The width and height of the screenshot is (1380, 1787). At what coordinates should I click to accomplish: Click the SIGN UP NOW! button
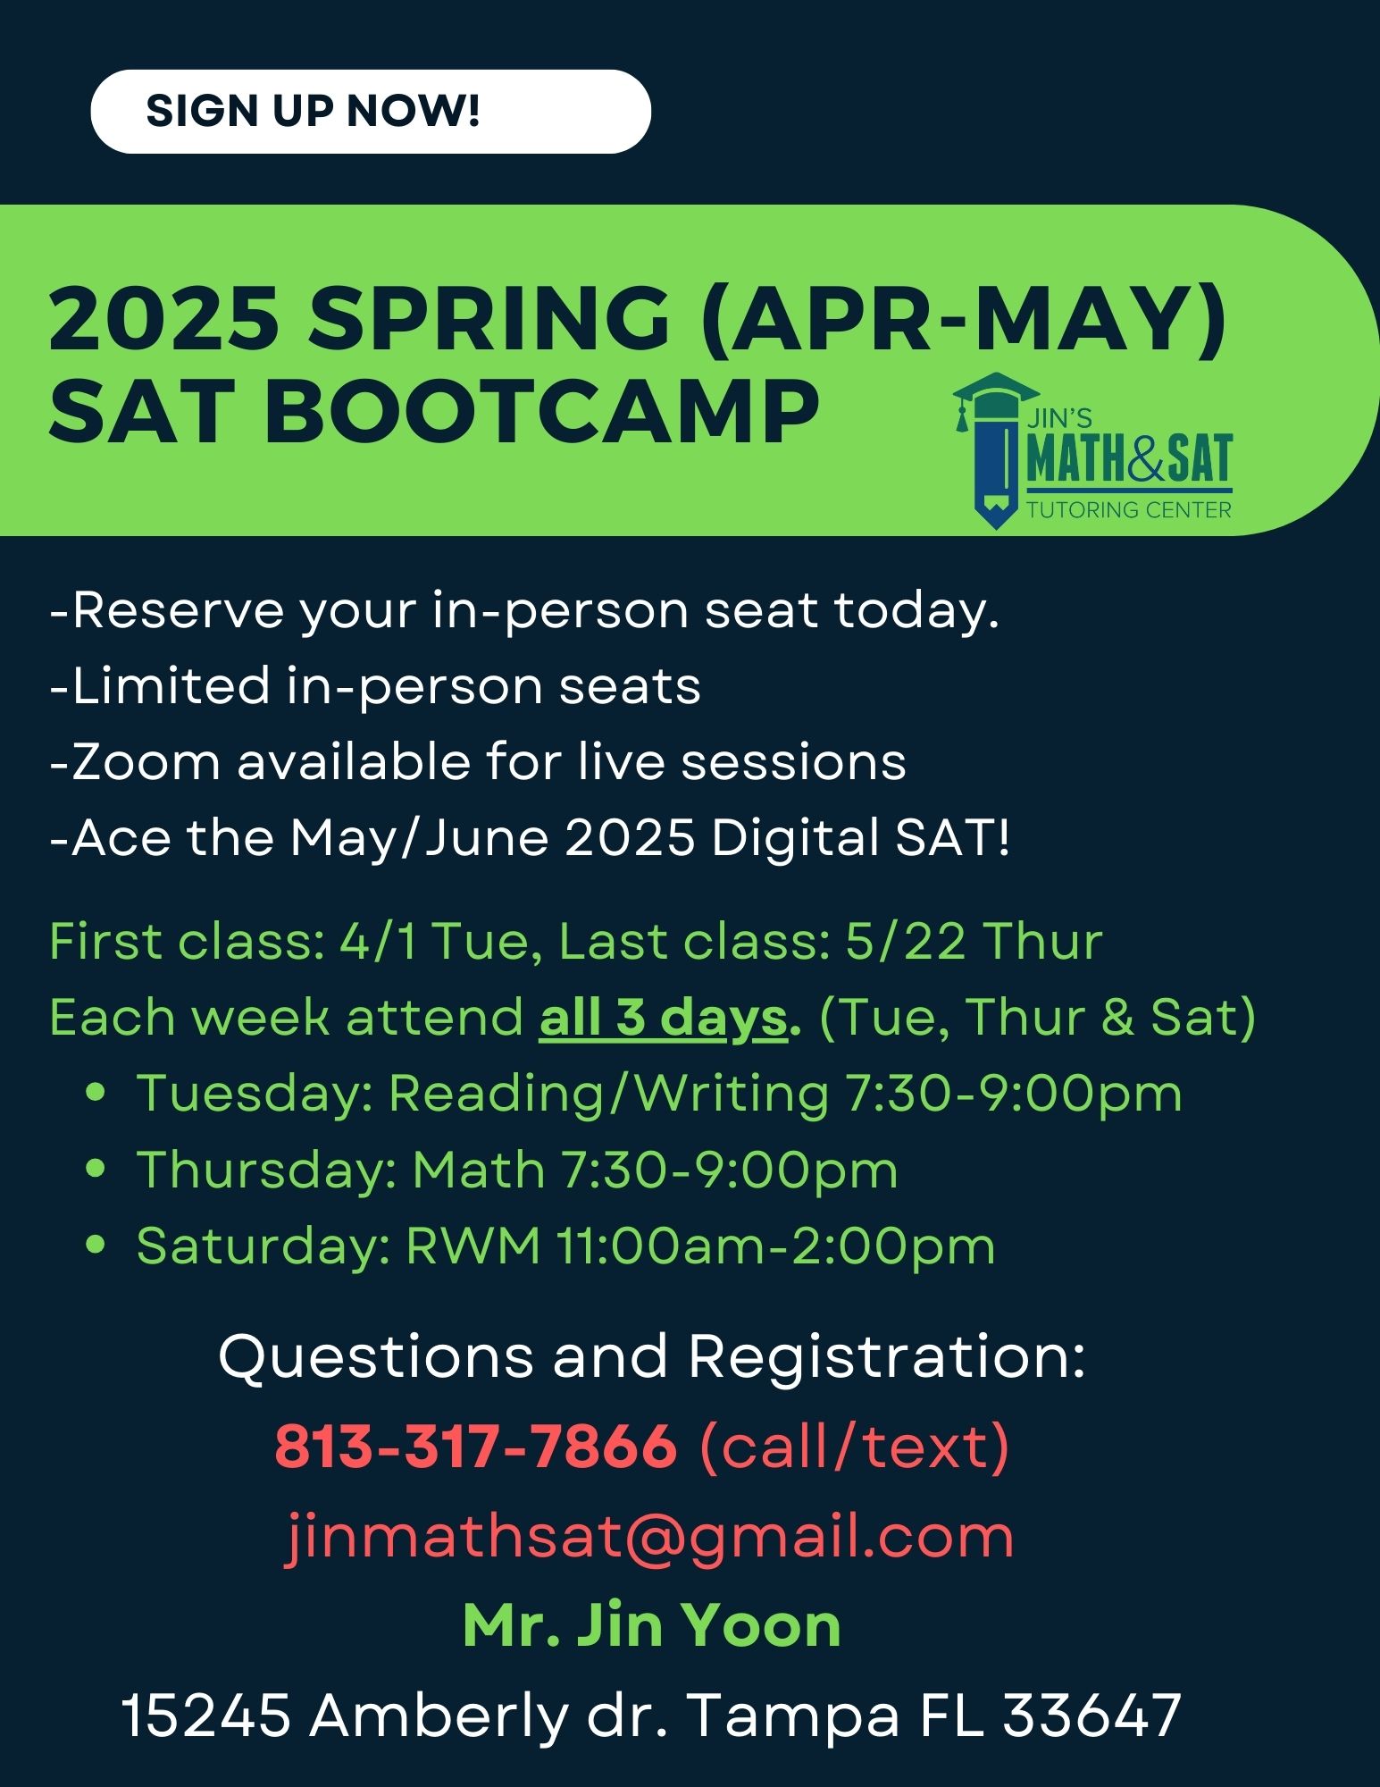coord(371,112)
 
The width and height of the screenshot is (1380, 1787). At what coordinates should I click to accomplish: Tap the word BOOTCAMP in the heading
coord(541,413)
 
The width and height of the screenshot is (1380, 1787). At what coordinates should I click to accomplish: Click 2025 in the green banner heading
coord(163,319)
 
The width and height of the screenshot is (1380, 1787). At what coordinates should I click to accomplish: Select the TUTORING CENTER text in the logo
coord(1129,510)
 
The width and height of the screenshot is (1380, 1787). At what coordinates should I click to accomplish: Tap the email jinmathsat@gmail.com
coord(650,1536)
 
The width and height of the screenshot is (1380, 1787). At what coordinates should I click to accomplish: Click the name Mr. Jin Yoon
coord(652,1624)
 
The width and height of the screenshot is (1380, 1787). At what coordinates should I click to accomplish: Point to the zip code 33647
coord(1092,1716)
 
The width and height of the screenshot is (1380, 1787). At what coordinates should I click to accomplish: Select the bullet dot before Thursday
coord(96,1169)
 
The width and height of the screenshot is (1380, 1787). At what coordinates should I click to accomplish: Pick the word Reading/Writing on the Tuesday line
coord(609,1094)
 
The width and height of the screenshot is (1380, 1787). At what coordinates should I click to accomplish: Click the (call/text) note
coord(855,1447)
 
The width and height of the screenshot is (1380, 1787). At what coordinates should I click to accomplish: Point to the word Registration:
coord(887,1357)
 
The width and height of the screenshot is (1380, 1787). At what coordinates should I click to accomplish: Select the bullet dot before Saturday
coord(96,1246)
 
